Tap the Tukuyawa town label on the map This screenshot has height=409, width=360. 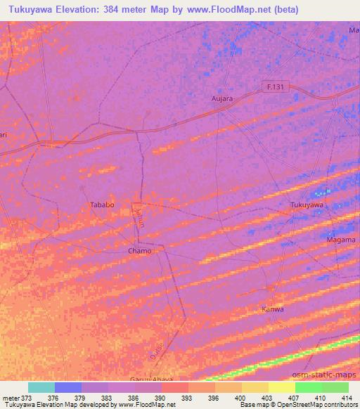pos(307,204)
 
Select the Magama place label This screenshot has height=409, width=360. pos(342,240)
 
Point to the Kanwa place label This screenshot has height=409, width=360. pos(272,309)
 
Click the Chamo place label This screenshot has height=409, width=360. pos(139,250)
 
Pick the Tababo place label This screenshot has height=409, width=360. pos(102,204)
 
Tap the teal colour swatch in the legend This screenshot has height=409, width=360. pos(41,387)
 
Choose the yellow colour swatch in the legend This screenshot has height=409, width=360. pos(281,387)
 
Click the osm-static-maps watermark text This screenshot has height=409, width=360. pos(330,375)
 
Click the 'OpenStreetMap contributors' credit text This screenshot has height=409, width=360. pos(315,405)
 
